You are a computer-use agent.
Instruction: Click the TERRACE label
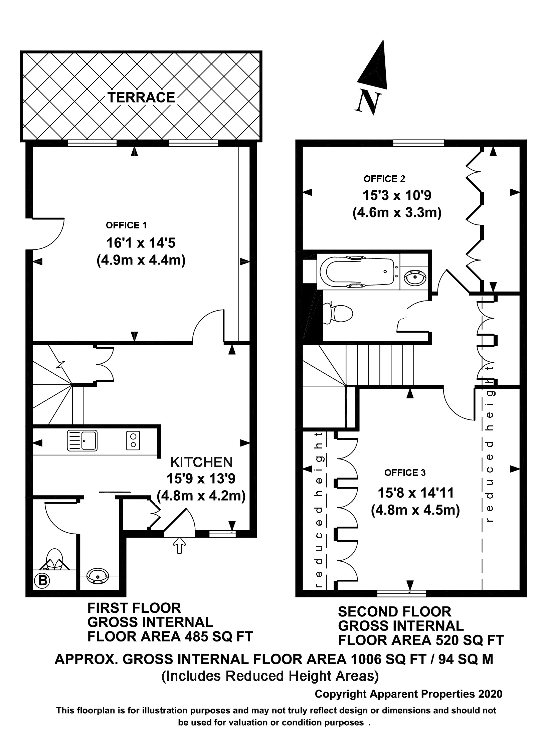point(141,98)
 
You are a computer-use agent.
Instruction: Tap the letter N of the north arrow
point(368,103)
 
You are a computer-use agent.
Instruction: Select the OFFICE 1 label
point(126,225)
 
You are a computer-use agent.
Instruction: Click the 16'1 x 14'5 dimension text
point(141,243)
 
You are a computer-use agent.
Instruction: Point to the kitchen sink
point(82,440)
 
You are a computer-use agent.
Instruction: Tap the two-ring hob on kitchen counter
point(133,440)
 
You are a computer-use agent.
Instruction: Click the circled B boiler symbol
point(42,580)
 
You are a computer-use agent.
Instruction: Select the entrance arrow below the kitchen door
point(180,545)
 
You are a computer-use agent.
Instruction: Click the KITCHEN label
point(201,462)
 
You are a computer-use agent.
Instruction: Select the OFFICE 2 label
point(384,179)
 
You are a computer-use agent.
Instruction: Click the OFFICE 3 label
point(405,473)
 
